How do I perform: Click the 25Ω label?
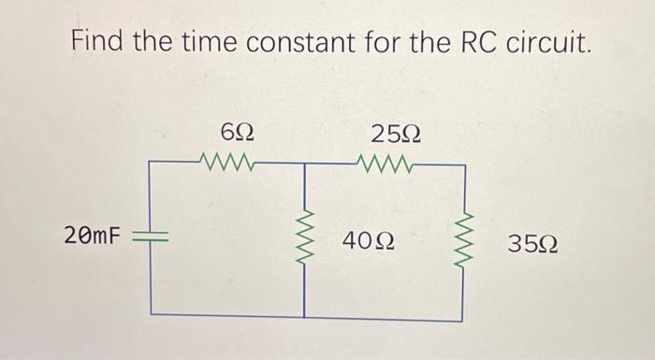click(x=394, y=131)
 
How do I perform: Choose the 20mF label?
click(x=93, y=235)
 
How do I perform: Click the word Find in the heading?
click(x=101, y=43)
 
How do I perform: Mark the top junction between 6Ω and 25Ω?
click(x=304, y=165)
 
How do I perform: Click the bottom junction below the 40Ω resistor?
click(x=304, y=315)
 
